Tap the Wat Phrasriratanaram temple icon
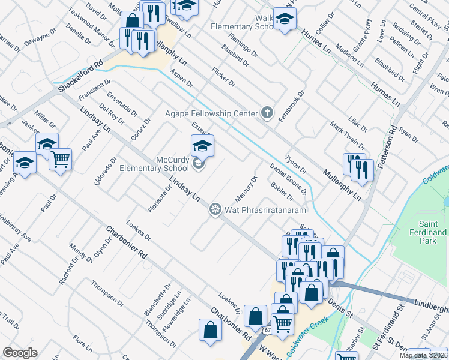tap(214, 209)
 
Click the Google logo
tap(20, 353)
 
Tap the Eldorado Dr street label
tap(104, 171)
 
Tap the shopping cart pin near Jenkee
tap(60, 160)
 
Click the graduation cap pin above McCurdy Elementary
tap(203, 146)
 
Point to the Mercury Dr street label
tap(246, 188)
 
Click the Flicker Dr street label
tap(223, 77)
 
